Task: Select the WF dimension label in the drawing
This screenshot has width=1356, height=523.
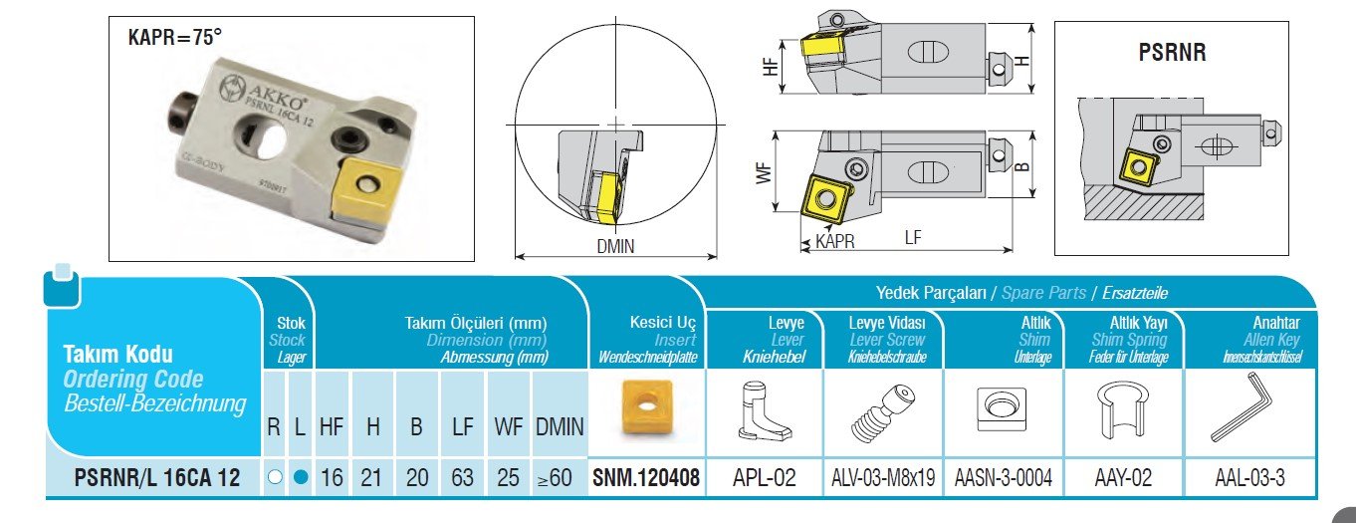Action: pyautogui.click(x=765, y=172)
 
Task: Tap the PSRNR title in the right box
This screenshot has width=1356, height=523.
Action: pyautogui.click(x=1172, y=53)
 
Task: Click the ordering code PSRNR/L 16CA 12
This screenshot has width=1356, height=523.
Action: pyautogui.click(x=157, y=478)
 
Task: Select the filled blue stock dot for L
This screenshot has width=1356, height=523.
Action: pyautogui.click(x=302, y=478)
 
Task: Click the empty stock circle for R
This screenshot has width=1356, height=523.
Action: pyautogui.click(x=276, y=478)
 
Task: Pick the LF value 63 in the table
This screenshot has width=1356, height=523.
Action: pyautogui.click(x=462, y=478)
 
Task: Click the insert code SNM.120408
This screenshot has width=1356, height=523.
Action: pyautogui.click(x=646, y=478)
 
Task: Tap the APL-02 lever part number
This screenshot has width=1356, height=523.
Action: pyautogui.click(x=764, y=478)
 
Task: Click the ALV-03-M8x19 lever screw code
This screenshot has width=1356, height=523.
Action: pyautogui.click(x=882, y=478)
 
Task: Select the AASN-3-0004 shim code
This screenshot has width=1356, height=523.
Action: pyautogui.click(x=1003, y=478)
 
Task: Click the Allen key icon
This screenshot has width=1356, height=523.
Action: pyautogui.click(x=1242, y=412)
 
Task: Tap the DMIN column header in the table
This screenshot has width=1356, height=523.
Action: pyautogui.click(x=561, y=426)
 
